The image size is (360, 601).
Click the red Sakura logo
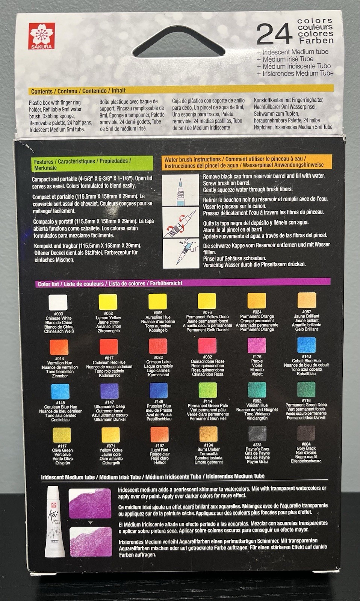(42, 36)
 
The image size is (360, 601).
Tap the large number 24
(274, 34)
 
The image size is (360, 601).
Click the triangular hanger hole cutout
(178, 42)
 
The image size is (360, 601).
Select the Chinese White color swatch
(58, 302)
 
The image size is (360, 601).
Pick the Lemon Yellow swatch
(108, 302)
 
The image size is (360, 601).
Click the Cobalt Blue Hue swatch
(306, 345)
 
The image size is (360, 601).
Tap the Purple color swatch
(257, 345)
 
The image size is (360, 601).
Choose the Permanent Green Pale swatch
(207, 390)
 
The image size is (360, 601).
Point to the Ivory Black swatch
(306, 433)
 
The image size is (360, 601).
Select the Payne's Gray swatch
(257, 433)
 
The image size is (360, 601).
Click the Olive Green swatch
(62, 435)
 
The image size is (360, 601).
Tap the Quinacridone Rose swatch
(207, 346)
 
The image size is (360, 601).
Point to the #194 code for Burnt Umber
(208, 445)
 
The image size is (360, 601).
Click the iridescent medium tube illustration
(55, 521)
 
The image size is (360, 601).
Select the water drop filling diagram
(180, 190)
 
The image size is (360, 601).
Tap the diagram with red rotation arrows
(181, 222)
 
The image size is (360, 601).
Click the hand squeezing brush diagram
(181, 254)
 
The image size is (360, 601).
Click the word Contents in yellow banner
(42, 91)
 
